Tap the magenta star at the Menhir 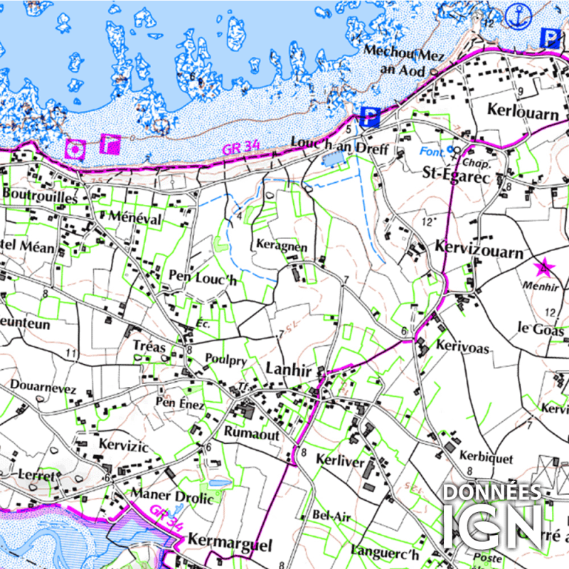tap(544, 268)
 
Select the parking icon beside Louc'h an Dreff tap(368, 115)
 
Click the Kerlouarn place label tap(520, 109)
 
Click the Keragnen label tap(282, 247)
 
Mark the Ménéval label tap(135, 217)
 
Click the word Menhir tap(541, 285)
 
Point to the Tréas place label tap(149, 347)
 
